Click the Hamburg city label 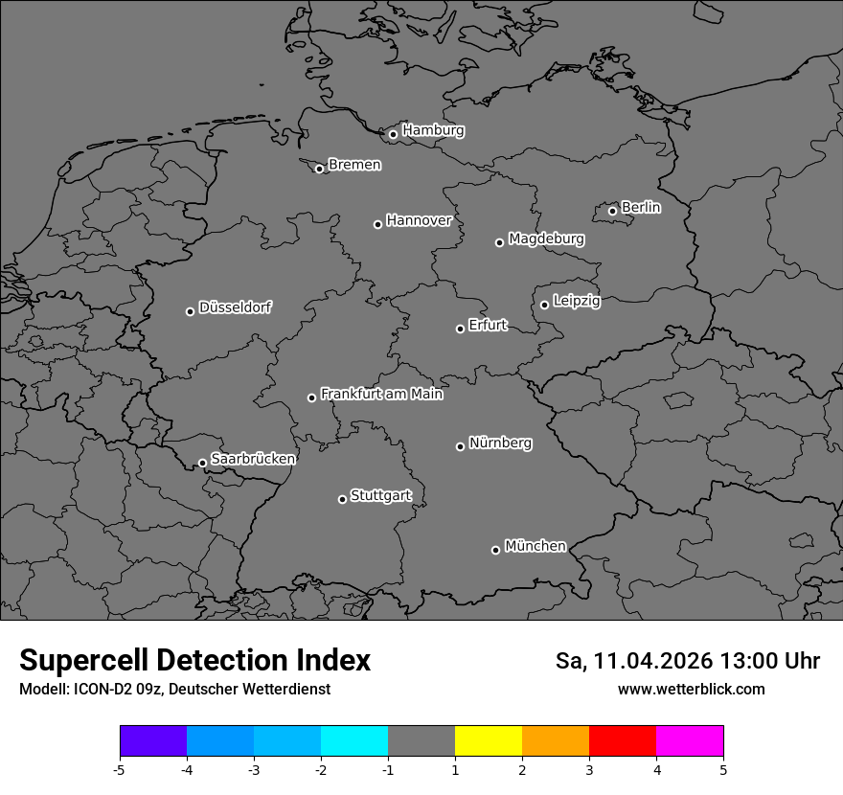pyautogui.click(x=433, y=130)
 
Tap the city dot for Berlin pyautogui.click(x=612, y=211)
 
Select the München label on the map pyautogui.click(x=535, y=546)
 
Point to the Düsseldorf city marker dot pyautogui.click(x=190, y=311)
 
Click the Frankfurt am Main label pyautogui.click(x=381, y=394)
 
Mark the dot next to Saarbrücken pyautogui.click(x=202, y=463)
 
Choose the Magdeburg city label pyautogui.click(x=546, y=238)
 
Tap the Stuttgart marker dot pyautogui.click(x=342, y=499)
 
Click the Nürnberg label pyautogui.click(x=500, y=443)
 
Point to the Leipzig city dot pyautogui.click(x=544, y=305)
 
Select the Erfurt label pyautogui.click(x=488, y=326)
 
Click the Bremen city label pyautogui.click(x=354, y=165)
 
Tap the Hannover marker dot pyautogui.click(x=377, y=224)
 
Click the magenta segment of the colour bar pyautogui.click(x=690, y=741)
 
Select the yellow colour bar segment pyautogui.click(x=489, y=741)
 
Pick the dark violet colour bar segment pyautogui.click(x=153, y=741)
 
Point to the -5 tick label pyautogui.click(x=119, y=769)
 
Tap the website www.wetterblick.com pyautogui.click(x=691, y=690)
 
